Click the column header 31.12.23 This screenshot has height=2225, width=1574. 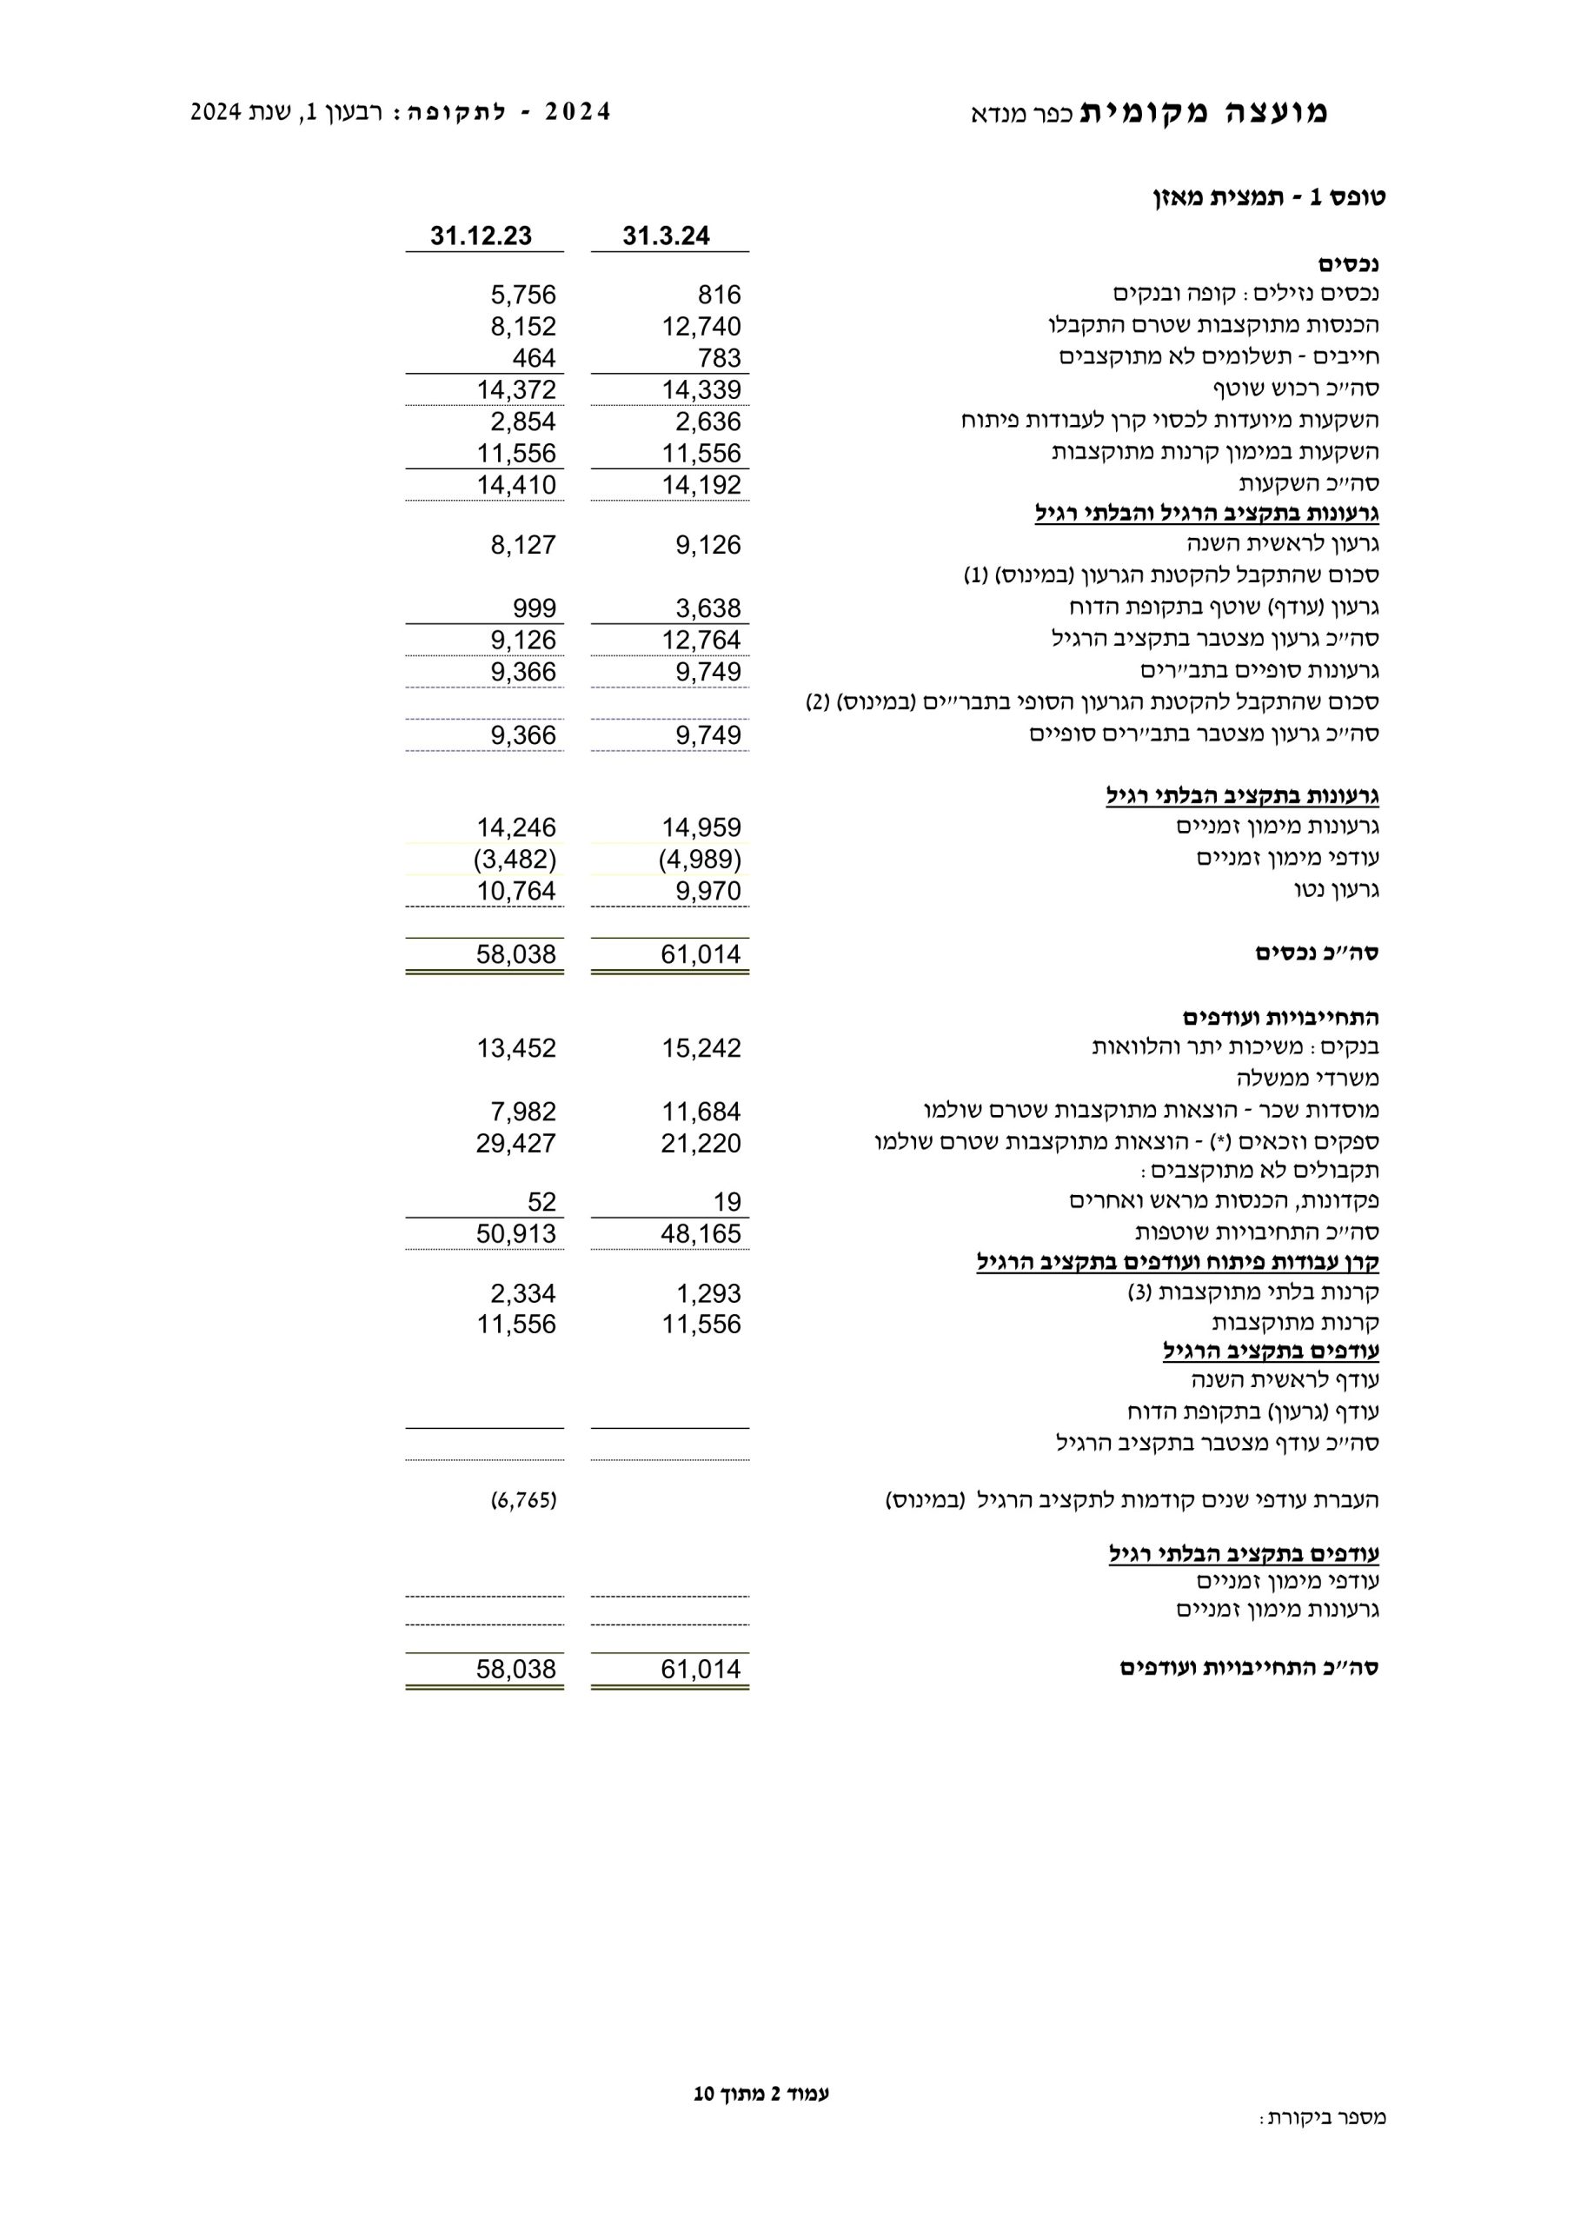click(x=481, y=236)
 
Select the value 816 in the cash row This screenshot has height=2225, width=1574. click(x=719, y=295)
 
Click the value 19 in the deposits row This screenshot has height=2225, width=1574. click(x=727, y=1202)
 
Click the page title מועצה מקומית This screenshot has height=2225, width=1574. click(x=1204, y=112)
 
